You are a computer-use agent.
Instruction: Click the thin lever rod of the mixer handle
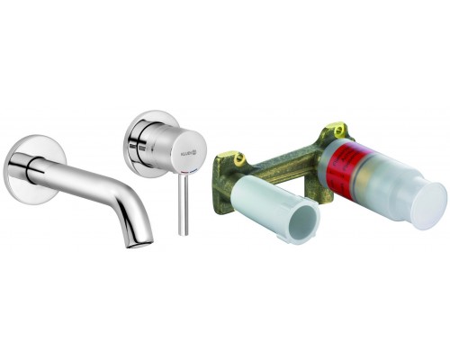pos(184,202)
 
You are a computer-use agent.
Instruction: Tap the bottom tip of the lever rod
pos(184,233)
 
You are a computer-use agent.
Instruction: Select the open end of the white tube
pos(301,220)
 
